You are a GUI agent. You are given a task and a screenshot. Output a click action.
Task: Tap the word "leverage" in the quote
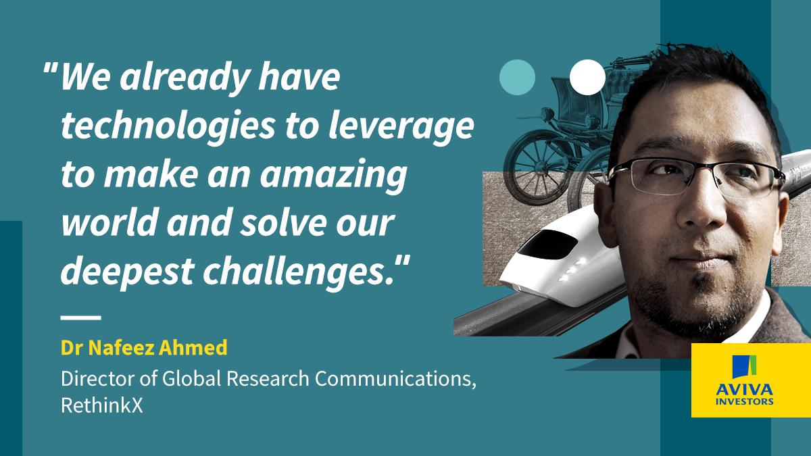pyautogui.click(x=401, y=128)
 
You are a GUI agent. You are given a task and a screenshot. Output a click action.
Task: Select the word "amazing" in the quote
pyautogui.click(x=333, y=176)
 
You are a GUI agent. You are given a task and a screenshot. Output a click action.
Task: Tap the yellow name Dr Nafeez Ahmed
pyautogui.click(x=144, y=347)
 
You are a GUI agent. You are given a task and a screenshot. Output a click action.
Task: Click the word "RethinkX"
pyautogui.click(x=102, y=405)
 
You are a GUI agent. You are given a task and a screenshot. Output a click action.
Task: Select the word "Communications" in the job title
pyautogui.click(x=393, y=378)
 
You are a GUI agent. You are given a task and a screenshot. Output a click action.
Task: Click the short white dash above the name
pyautogui.click(x=80, y=318)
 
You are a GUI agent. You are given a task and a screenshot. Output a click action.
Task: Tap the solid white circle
pyautogui.click(x=587, y=77)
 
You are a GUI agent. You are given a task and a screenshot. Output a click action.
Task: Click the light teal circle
pyautogui.click(x=517, y=77)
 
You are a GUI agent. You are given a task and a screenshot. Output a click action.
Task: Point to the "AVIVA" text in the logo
pyautogui.click(x=744, y=389)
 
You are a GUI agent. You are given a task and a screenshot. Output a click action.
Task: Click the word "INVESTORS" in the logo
pyautogui.click(x=744, y=401)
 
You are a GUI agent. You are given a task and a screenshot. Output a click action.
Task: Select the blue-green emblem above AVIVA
pyautogui.click(x=744, y=366)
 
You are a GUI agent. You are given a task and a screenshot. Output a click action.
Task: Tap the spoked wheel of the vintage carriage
pyautogui.click(x=536, y=172)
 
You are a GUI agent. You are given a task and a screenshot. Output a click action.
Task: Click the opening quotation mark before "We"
pyautogui.click(x=50, y=68)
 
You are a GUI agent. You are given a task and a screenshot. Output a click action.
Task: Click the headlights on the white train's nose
pyautogui.click(x=571, y=270)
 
